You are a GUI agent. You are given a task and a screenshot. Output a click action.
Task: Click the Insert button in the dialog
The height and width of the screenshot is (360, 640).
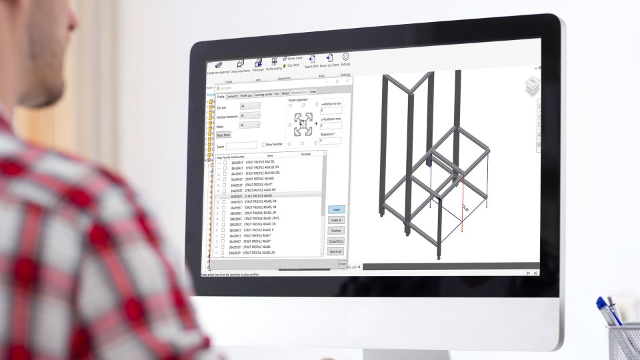tap(336, 209)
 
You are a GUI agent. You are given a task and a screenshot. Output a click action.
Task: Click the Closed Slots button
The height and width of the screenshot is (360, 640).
tap(335, 241)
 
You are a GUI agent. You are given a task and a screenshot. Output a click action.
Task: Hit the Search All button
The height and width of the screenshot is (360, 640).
tap(335, 251)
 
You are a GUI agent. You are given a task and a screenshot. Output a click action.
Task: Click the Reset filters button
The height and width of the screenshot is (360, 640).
tap(224, 135)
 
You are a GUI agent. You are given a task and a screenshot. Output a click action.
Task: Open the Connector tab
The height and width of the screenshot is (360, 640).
tap(232, 95)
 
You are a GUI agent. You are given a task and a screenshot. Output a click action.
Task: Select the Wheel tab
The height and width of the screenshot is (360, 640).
tap(285, 93)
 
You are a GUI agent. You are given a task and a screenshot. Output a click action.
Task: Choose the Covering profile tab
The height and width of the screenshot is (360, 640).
tap(263, 95)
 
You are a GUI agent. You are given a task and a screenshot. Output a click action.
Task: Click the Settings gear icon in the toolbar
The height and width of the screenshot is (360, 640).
tap(346, 57)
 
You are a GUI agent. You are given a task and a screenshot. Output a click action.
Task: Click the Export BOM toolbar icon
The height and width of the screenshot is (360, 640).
tap(311, 59)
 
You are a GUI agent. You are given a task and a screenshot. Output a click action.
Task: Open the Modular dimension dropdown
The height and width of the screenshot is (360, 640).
tap(250, 115)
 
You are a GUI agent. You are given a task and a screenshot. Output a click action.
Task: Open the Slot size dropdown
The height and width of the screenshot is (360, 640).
tap(250, 106)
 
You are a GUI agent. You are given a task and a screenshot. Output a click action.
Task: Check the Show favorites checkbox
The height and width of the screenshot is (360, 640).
tap(263, 144)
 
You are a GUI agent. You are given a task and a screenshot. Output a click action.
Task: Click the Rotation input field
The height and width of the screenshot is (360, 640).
tap(331, 141)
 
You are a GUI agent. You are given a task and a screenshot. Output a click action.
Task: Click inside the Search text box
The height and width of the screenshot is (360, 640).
tap(241, 145)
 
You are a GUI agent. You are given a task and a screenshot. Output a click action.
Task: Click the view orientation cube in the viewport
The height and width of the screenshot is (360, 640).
tap(532, 85)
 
